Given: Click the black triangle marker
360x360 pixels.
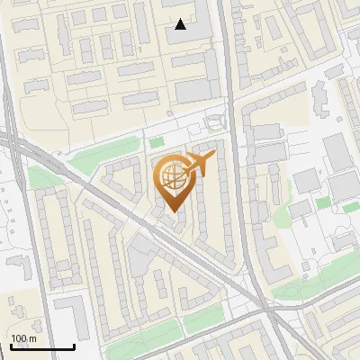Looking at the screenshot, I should point(181,24).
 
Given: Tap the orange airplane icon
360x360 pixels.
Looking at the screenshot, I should point(201,164).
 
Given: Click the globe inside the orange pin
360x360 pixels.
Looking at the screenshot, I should point(171,177).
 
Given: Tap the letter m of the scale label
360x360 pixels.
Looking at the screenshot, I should point(33,338).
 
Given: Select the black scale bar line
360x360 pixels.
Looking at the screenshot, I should point(42,347).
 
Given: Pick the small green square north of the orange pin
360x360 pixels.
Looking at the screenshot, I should point(157,141).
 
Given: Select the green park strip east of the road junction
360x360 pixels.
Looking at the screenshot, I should point(306,287).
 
